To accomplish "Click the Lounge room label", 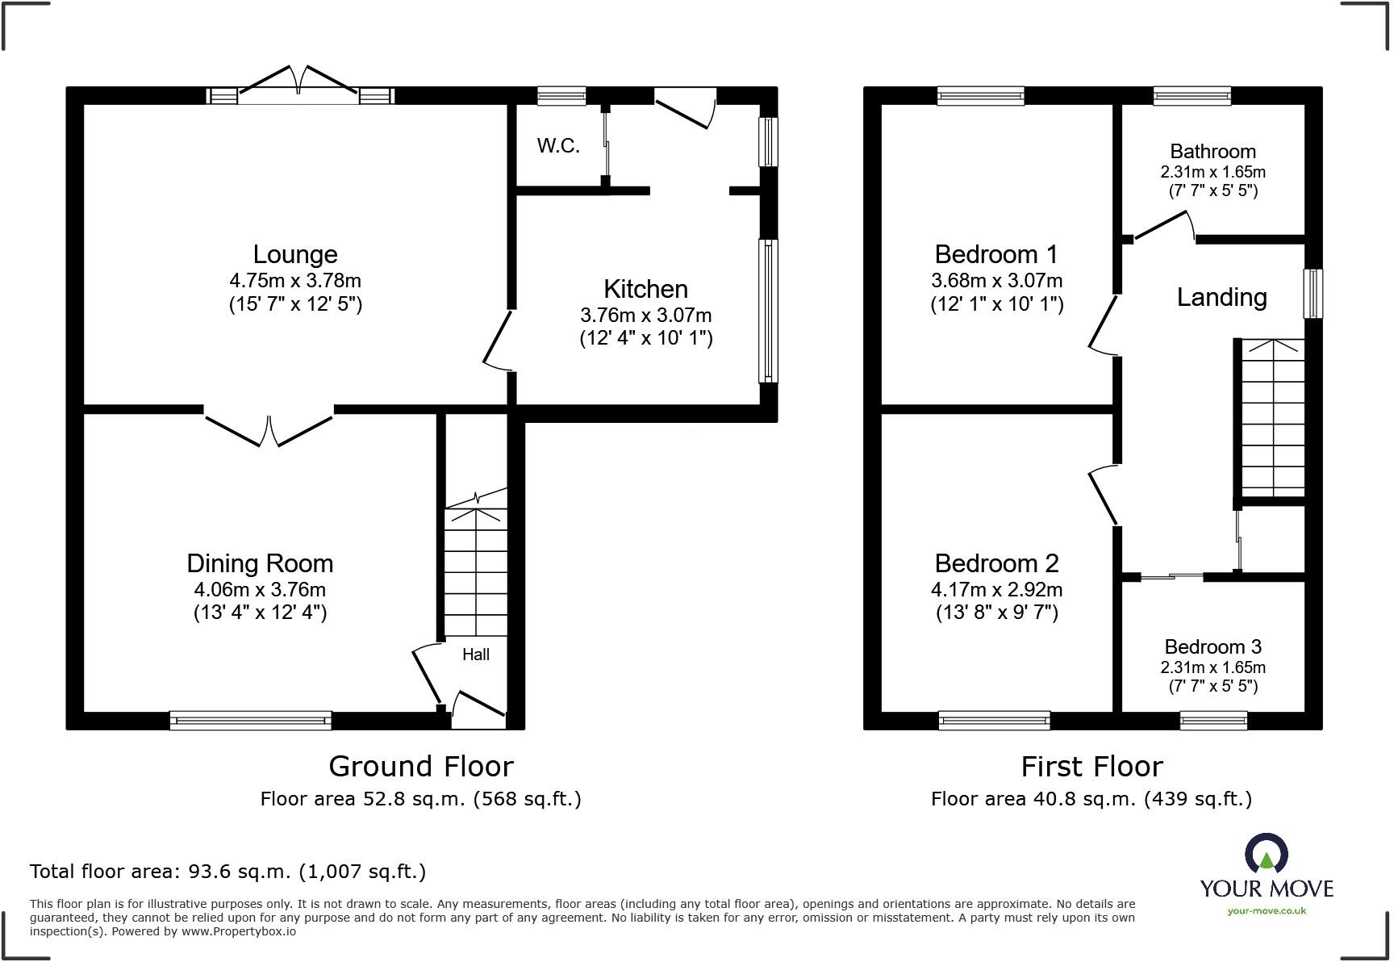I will tap(295, 255).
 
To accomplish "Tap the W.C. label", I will tap(558, 146).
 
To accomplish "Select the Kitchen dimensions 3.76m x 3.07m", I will tap(645, 316).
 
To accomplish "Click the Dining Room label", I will tap(260, 563).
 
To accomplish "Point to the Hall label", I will tap(476, 655).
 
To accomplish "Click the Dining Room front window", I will tap(251, 720).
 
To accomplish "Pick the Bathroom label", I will tap(1212, 152).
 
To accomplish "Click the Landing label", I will tap(1221, 298).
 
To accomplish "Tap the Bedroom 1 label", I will tap(996, 255).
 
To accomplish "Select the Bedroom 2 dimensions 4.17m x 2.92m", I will tap(996, 590).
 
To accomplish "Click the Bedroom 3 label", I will tap(1212, 647).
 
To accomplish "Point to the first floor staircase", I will tap(1272, 418).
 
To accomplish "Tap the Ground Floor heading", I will tap(420, 767).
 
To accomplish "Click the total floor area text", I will tap(227, 872).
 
